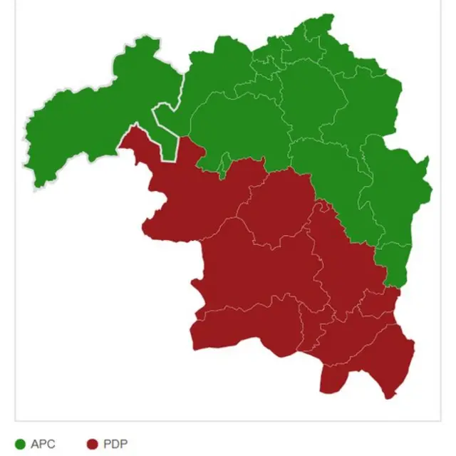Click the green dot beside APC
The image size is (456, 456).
point(20,445)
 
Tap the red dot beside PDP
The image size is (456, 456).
point(92,445)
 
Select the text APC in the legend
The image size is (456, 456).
point(43,445)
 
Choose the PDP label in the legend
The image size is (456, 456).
point(115,445)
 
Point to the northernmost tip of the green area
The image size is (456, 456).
point(328,15)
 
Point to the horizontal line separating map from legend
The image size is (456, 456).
point(228,421)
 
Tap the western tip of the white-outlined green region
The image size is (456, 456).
point(27,167)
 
